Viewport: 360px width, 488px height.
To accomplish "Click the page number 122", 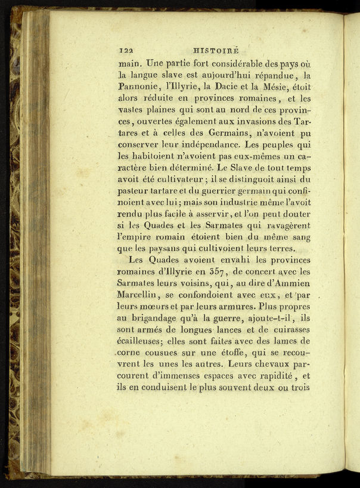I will tap(126, 51).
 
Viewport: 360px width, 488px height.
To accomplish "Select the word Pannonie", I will tap(141, 87).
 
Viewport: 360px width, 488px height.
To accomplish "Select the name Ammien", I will tap(292, 282).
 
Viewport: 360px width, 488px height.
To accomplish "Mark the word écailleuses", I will tap(145, 341).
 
